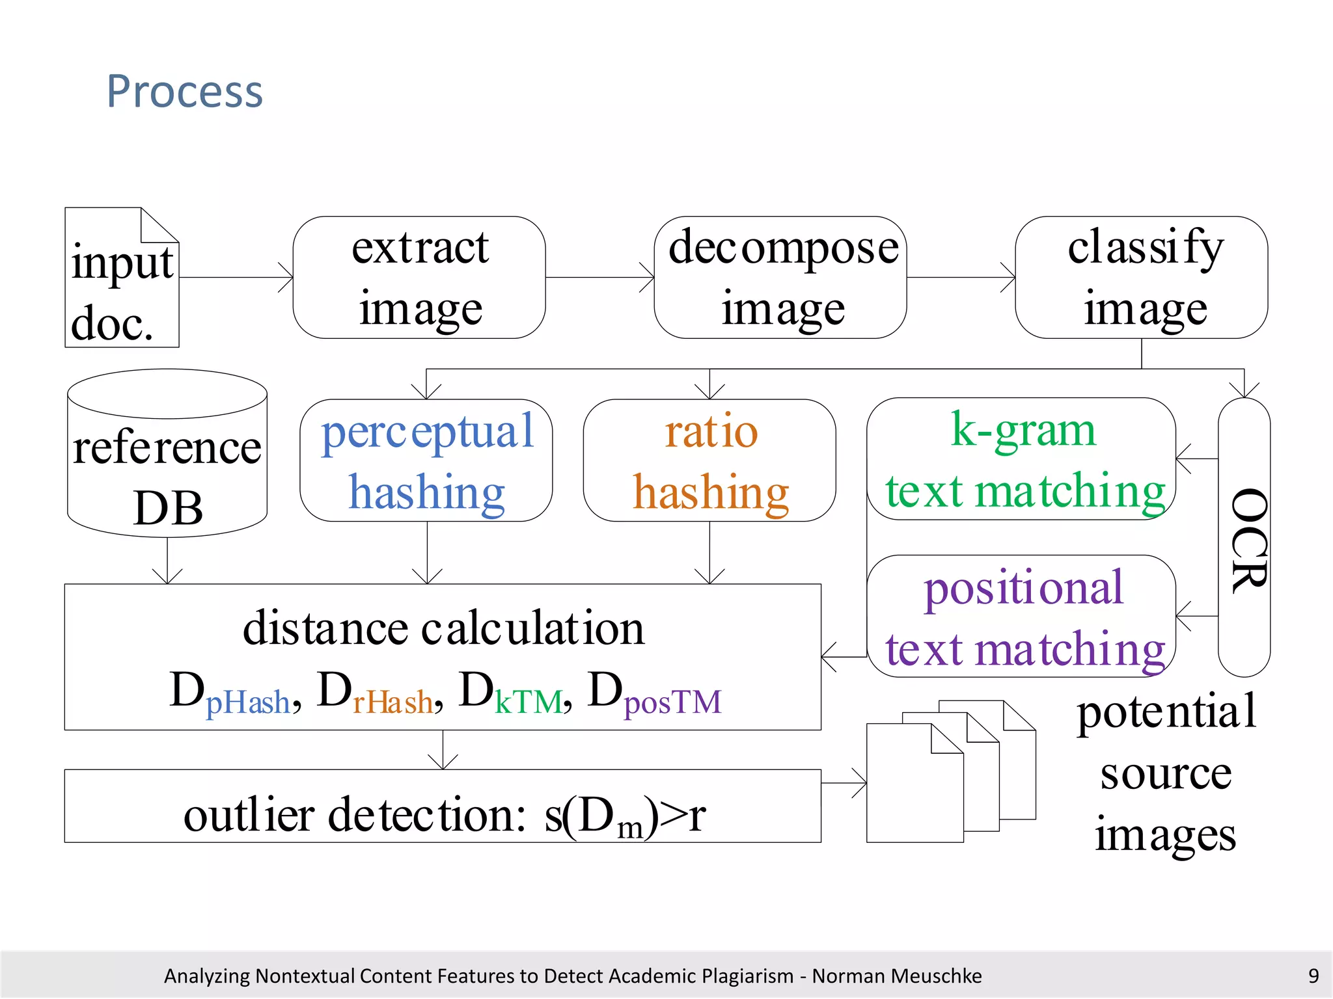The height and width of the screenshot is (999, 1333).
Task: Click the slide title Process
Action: click(185, 92)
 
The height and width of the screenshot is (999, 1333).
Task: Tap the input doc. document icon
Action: click(122, 278)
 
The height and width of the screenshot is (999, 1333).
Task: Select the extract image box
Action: click(419, 278)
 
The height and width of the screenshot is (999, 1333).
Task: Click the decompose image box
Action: click(780, 278)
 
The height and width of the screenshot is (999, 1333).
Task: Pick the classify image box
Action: click(1141, 278)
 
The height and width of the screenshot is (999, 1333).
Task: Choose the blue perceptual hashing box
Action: click(426, 460)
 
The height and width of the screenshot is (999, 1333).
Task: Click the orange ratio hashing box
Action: click(709, 460)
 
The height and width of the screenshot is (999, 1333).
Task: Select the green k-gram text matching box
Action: click(1021, 459)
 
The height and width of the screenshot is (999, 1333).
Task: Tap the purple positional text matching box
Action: click(1021, 617)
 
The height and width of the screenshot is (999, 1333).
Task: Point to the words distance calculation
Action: click(443, 629)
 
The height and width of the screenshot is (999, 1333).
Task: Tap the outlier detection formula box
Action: click(443, 806)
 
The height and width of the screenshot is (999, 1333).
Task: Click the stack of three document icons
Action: click(950, 772)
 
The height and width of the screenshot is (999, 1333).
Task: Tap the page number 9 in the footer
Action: click(1313, 976)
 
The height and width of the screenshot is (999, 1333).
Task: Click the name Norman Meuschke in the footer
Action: click(896, 976)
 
